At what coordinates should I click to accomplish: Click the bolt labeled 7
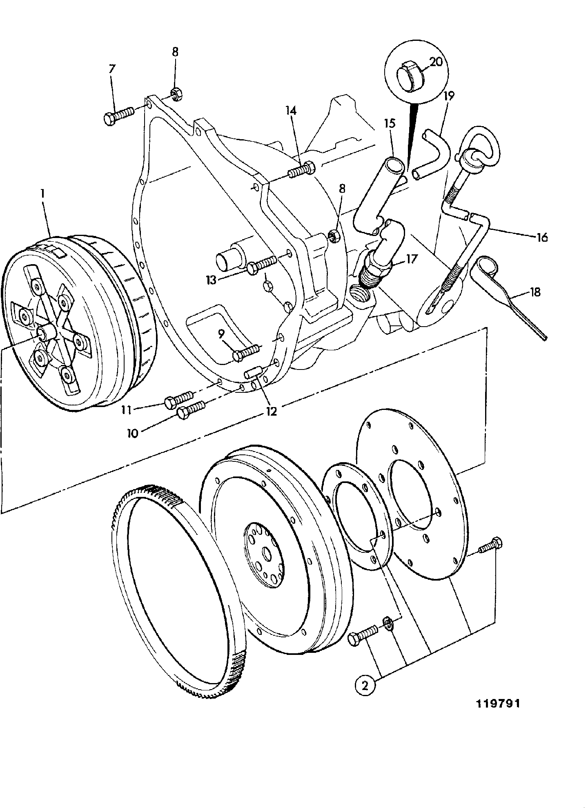pos(118,114)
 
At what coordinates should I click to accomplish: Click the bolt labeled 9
pos(245,352)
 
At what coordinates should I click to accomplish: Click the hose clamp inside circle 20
pos(411,73)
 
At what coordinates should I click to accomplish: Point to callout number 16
pos(542,237)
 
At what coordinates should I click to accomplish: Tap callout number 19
pos(449,96)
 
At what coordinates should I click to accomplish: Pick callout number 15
pos(390,123)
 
